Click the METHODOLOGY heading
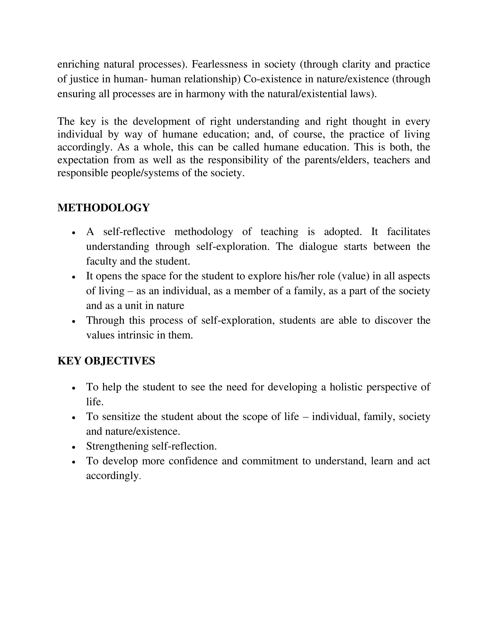(103, 207)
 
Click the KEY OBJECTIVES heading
(106, 361)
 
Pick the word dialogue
(318, 246)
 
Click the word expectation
(83, 160)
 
